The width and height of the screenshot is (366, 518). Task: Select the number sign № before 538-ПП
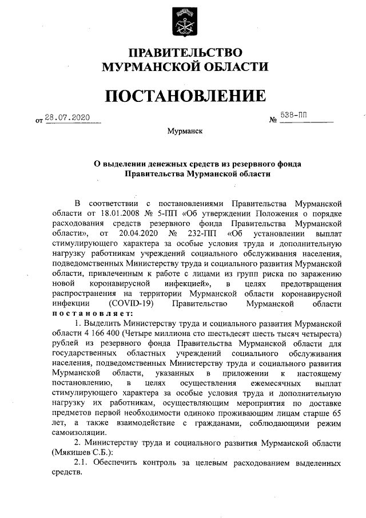(272, 120)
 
